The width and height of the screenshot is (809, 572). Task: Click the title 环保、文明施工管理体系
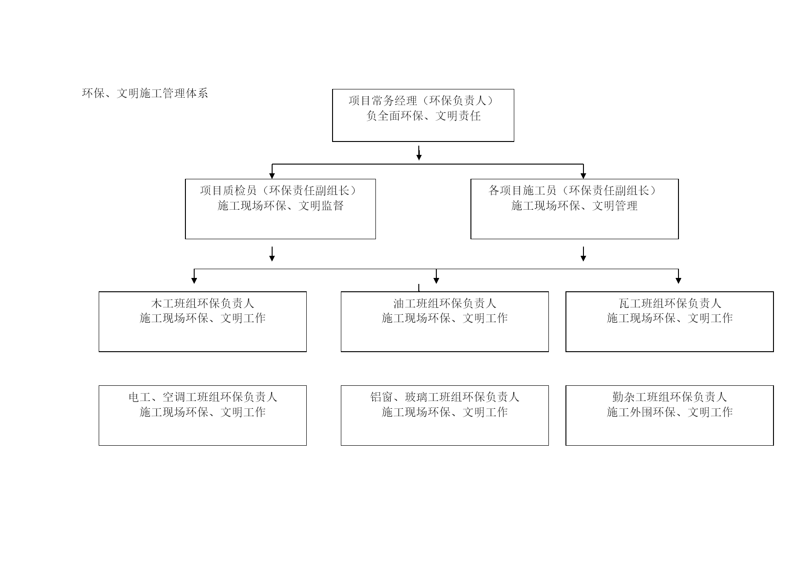[145, 94]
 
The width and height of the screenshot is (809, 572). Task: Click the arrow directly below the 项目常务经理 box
[419, 153]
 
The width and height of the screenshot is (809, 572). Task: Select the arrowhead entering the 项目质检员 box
[272, 176]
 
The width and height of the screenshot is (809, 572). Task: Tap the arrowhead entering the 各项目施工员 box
[583, 176]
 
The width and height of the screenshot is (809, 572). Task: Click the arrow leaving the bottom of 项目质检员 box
[272, 254]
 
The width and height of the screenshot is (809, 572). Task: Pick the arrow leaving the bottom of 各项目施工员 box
[583, 254]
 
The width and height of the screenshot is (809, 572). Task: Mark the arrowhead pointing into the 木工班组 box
[194, 280]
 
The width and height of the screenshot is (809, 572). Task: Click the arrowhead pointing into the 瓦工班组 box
[678, 280]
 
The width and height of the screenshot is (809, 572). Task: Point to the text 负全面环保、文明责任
[423, 116]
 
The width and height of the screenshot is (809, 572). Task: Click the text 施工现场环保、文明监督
[280, 206]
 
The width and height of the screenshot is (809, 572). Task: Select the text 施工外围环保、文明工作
[670, 412]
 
